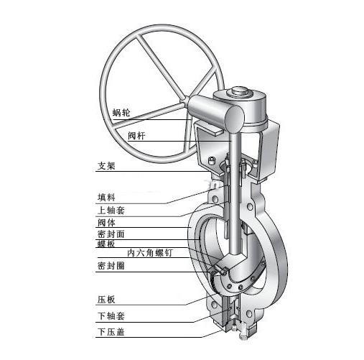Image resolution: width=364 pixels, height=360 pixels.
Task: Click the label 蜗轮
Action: click(x=121, y=112)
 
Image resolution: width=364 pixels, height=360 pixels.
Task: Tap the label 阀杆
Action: click(x=136, y=136)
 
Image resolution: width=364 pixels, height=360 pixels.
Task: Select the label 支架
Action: click(x=106, y=166)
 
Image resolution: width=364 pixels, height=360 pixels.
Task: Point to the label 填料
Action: click(x=106, y=198)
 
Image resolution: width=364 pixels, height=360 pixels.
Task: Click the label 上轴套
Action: click(x=111, y=211)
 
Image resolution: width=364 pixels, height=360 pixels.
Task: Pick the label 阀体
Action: click(x=106, y=223)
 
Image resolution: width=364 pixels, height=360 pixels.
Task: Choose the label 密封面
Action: click(x=111, y=234)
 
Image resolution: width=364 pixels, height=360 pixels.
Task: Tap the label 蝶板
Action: click(x=106, y=244)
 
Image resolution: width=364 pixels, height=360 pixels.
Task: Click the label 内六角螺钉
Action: click(x=150, y=253)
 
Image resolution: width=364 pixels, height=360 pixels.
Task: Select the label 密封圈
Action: click(x=111, y=266)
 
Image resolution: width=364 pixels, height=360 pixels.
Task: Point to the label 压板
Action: click(x=106, y=300)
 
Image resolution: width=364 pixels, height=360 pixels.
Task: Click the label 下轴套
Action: click(x=111, y=316)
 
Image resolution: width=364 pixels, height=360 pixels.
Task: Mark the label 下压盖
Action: click(x=111, y=332)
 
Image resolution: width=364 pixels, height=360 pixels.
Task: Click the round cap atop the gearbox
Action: click(x=240, y=91)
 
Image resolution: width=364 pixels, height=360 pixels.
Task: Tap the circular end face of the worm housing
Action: click(x=234, y=119)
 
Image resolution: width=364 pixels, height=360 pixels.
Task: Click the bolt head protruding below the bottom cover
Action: click(x=243, y=335)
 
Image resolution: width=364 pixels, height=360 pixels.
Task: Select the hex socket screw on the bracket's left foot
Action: click(x=211, y=160)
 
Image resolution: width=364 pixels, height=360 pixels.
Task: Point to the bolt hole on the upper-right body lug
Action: click(x=250, y=206)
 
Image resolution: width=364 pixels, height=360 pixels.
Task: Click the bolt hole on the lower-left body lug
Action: click(x=214, y=305)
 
